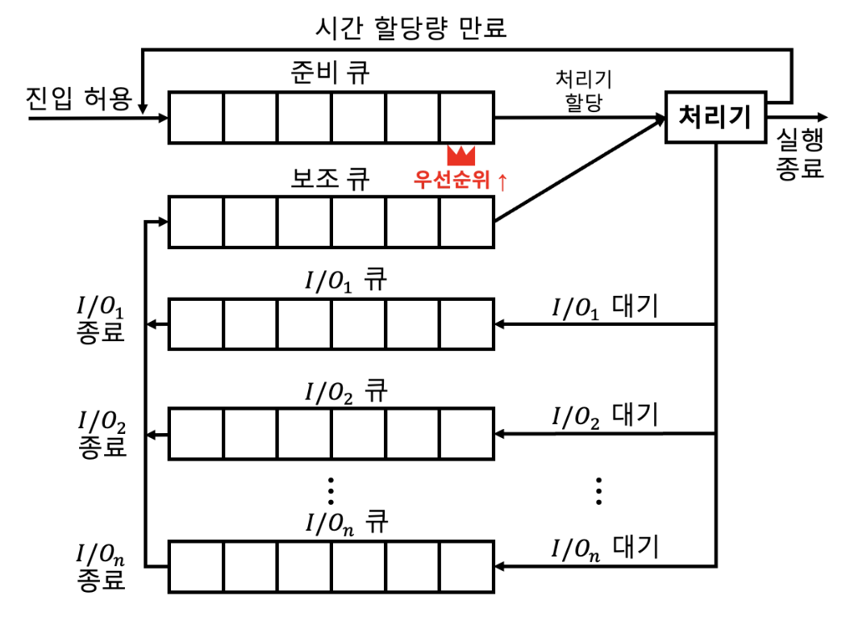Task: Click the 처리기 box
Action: [x=715, y=118]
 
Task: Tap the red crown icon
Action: [x=461, y=154]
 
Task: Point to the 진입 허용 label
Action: [x=79, y=100]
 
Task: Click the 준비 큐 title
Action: [x=331, y=74]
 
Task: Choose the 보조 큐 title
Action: [x=331, y=178]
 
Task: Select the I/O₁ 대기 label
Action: [x=605, y=307]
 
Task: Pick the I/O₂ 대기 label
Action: [x=605, y=416]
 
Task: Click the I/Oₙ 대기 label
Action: [x=605, y=548]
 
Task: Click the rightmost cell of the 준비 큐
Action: [x=466, y=118]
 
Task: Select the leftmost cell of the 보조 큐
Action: [x=195, y=221]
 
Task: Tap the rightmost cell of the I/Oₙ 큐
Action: [x=466, y=566]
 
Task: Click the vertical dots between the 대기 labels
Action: [x=598, y=490]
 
